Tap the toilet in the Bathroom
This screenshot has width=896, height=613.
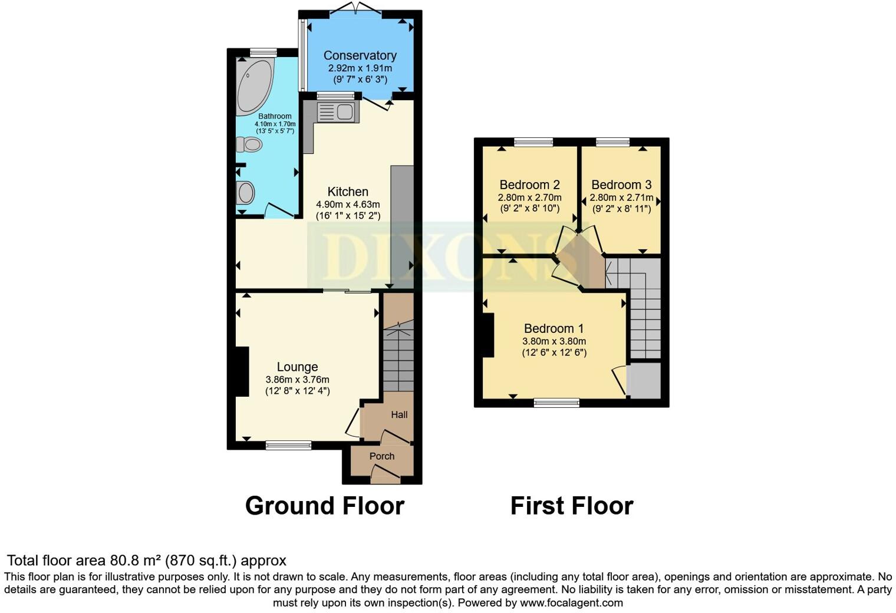pos(249,144)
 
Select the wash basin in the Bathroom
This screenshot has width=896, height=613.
pos(245,193)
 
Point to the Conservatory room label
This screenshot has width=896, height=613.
pos(360,55)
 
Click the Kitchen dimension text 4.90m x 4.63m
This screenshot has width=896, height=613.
pos(348,205)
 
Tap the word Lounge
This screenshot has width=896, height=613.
pos(297,367)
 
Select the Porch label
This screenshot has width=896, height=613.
pos(382,456)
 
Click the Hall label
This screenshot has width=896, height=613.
pos(399,415)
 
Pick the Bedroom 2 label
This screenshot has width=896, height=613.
pos(529,185)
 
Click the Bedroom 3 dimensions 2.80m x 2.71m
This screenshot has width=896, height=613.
pos(621,197)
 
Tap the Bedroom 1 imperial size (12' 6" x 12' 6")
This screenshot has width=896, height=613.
pos(554,353)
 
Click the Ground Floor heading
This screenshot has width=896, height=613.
pos(324,506)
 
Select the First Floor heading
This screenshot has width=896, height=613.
pos(571,506)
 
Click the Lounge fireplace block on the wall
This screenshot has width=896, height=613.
pos(242,371)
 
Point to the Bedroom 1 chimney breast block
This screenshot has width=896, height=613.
pos(488,335)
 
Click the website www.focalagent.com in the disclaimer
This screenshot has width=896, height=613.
pos(571,603)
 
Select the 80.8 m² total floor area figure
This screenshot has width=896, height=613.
pos(136,561)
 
